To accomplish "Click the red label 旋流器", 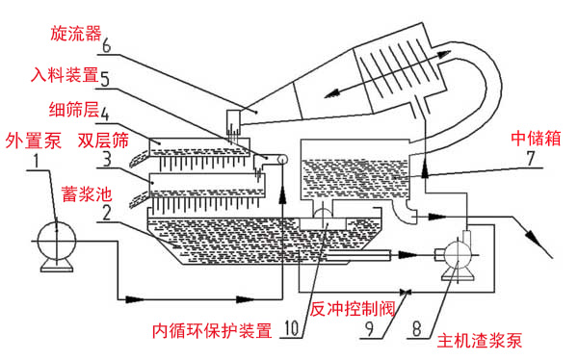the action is tap(76, 34).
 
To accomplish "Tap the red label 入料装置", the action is tap(65, 75).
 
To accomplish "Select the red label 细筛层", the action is tap(74, 110).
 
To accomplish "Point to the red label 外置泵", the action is tap(33, 141).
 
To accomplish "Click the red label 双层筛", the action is tap(103, 141).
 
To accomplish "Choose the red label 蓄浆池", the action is tap(87, 193).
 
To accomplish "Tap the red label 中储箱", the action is tap(536, 139).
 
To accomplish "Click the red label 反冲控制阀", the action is tap(353, 308).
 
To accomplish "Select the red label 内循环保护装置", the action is tap(212, 330).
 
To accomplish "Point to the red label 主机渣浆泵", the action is tap(480, 341).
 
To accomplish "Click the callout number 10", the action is tap(292, 328).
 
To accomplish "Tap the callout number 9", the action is tap(369, 328).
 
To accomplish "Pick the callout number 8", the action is tap(416, 328).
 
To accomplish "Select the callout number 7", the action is tap(531, 159).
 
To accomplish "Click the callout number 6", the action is tap(106, 45).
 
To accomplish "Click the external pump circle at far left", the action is tap(57, 241).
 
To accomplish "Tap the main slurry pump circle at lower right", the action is tap(457, 255).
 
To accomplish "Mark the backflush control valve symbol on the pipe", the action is tap(407, 293).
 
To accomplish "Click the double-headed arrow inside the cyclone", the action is tap(387, 74).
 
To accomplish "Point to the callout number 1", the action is tap(37, 162).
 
